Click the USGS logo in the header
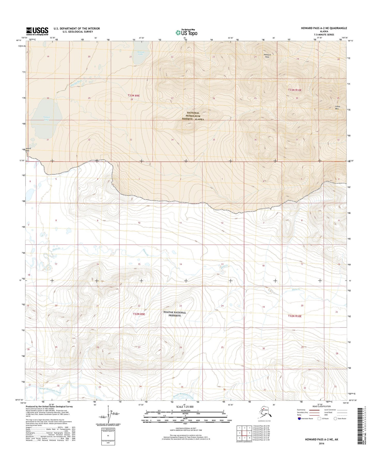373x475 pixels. [x=37, y=31]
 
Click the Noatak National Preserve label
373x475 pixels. [x=175, y=314]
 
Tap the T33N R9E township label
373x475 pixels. [x=133, y=96]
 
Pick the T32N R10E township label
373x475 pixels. [x=295, y=316]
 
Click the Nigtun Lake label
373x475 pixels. [x=46, y=118]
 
